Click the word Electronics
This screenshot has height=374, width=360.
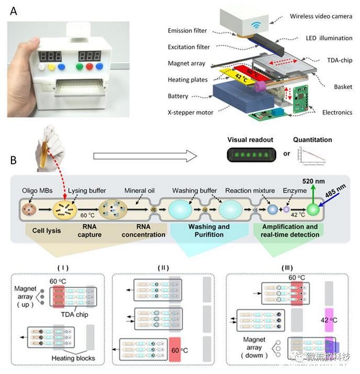[x=337, y=112]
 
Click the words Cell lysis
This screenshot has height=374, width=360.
[x=47, y=230]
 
